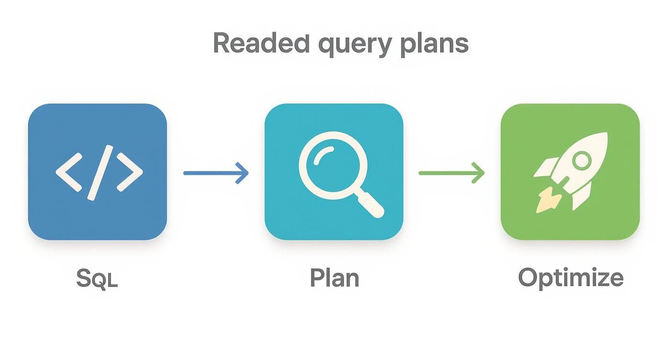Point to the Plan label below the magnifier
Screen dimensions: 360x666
(334, 278)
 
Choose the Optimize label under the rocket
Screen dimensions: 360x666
(570, 278)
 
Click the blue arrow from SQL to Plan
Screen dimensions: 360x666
(216, 173)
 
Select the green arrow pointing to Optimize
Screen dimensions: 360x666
(451, 173)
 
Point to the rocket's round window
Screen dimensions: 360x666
(581, 160)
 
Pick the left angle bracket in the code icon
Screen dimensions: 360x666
(68, 172)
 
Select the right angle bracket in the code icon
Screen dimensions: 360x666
(129, 172)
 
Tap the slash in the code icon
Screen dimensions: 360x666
(100, 172)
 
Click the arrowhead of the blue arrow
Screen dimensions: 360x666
(244, 173)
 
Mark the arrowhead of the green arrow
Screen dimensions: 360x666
(479, 173)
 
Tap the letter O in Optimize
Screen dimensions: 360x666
(529, 278)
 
